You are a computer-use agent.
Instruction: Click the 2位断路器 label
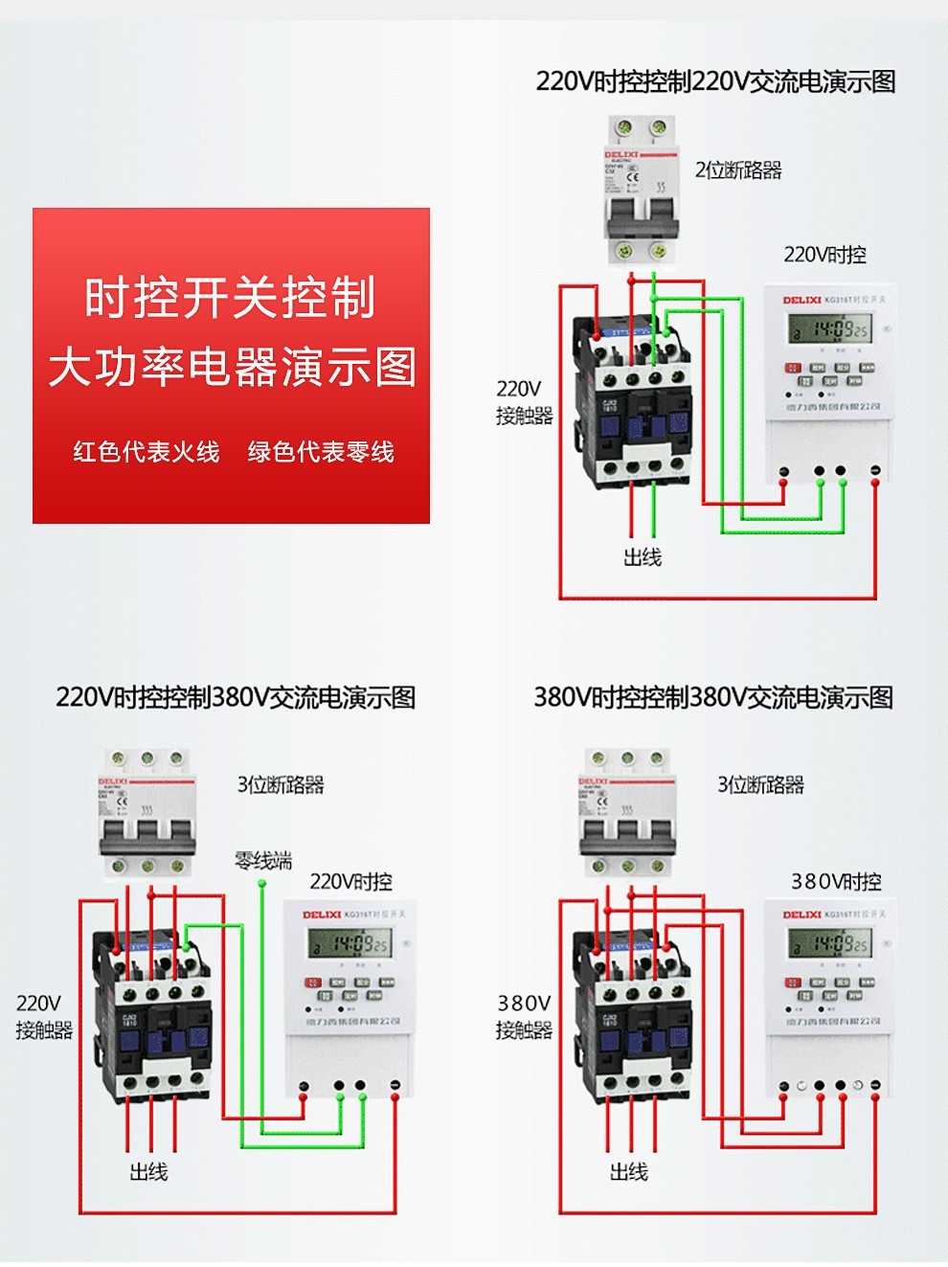pyautogui.click(x=737, y=170)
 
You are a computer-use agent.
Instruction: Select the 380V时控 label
pyautogui.click(x=835, y=881)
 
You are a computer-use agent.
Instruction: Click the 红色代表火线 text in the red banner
pyautogui.click(x=147, y=452)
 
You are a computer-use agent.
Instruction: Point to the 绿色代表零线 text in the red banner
pyautogui.click(x=321, y=452)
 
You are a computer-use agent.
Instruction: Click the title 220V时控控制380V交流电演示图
pyautogui.click(x=236, y=697)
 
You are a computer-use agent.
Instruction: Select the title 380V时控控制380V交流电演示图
pyautogui.click(x=713, y=697)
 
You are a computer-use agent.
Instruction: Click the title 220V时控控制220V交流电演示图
pyautogui.click(x=715, y=81)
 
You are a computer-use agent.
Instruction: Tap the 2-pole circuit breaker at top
pyautogui.click(x=642, y=190)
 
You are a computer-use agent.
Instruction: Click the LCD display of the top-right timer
pyautogui.click(x=829, y=330)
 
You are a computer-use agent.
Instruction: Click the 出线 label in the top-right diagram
pyautogui.click(x=642, y=557)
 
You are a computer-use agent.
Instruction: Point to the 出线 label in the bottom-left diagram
pyautogui.click(x=148, y=1172)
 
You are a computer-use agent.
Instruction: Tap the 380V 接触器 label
pyautogui.click(x=524, y=1016)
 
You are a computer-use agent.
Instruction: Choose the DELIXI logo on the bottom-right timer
pyautogui.click(x=801, y=915)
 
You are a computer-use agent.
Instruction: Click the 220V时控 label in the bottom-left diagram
pyautogui.click(x=350, y=881)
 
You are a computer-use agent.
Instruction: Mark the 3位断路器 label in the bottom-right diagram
pyautogui.click(x=760, y=785)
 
